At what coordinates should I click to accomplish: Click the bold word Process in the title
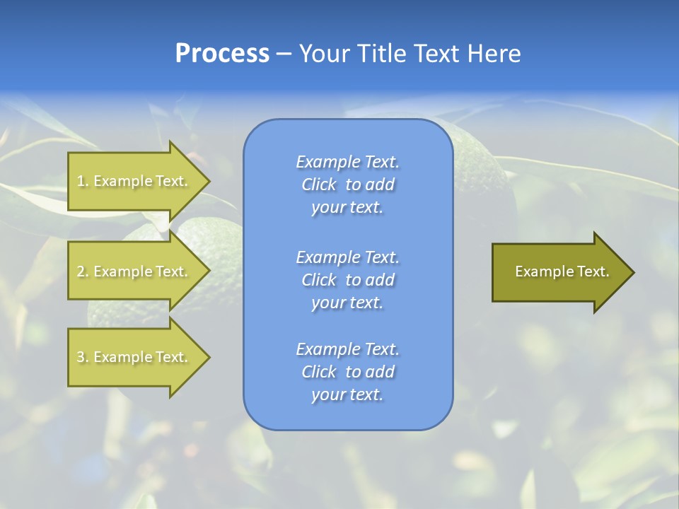pos(222,54)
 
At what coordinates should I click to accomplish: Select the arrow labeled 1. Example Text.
pos(134,181)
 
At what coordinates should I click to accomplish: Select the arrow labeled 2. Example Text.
pos(134,271)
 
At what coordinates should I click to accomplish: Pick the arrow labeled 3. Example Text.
pos(134,357)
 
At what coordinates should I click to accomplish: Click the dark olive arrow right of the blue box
pos(559,272)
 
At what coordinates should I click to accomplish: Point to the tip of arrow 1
pos(208,181)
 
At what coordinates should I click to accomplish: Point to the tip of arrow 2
pos(208,271)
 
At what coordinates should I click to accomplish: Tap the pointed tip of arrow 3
pos(208,357)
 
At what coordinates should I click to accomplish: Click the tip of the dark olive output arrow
pos(632,272)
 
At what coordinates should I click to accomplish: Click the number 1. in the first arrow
pos(83,181)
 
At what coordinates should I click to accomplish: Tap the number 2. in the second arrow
pos(83,271)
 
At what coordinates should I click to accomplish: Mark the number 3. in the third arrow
pos(83,357)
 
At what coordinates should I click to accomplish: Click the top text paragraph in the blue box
pos(347,185)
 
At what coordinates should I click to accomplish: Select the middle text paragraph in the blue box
pos(347,280)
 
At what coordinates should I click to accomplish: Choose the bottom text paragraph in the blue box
pos(347,372)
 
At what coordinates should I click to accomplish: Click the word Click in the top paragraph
pos(319,185)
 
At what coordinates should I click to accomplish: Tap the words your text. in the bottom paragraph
pos(347,394)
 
